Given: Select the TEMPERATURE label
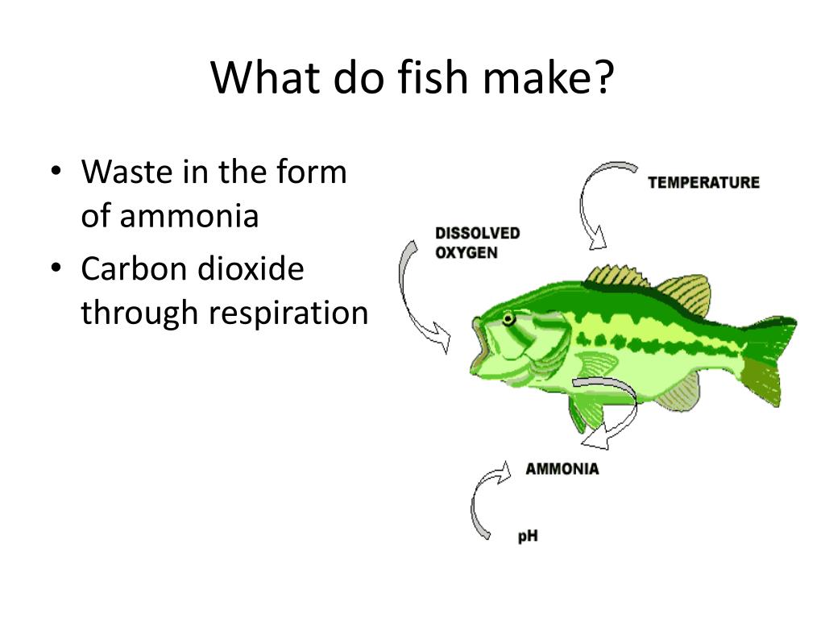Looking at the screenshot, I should coord(703,182).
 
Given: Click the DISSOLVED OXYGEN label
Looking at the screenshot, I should coord(477,243).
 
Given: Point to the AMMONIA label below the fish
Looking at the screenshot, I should coord(562,468).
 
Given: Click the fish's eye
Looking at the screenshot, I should coord(508,319).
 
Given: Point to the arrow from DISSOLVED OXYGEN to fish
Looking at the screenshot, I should coord(415,298).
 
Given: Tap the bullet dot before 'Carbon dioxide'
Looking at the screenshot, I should coord(56,270).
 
